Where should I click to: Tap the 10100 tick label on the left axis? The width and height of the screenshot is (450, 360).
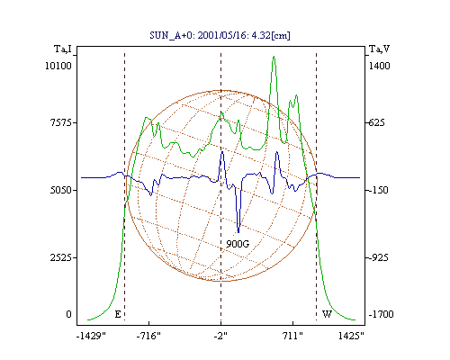pos(58,66)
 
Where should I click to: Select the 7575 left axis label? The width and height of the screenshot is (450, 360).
pos(61,122)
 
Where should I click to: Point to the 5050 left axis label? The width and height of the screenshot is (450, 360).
pos(61,190)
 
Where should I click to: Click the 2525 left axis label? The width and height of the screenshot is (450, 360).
pos(61,257)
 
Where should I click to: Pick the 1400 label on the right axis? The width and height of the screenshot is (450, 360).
pos(379,66)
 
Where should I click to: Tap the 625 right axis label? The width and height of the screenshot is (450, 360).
pos(376,122)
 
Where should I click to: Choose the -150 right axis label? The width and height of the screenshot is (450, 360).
pos(378,190)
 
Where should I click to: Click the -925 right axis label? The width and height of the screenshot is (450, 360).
pos(378,257)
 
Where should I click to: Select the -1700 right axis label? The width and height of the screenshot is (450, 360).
pos(381,314)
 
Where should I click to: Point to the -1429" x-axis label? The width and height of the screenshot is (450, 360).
pos(91,336)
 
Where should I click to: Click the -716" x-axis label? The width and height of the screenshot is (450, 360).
pos(148,336)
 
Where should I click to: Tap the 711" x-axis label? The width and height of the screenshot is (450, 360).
pos(292,336)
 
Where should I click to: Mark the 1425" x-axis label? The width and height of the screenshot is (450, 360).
pos(351,336)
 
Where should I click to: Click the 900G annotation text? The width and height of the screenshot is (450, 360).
pos(238,244)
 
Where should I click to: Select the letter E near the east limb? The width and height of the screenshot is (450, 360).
pos(118,314)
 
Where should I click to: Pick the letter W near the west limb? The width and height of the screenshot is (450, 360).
pos(327,314)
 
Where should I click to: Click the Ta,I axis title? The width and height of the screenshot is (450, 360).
pos(63,49)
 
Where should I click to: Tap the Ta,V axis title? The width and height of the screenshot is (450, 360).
pos(379,49)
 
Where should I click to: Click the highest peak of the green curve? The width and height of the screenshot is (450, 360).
pos(274,57)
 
